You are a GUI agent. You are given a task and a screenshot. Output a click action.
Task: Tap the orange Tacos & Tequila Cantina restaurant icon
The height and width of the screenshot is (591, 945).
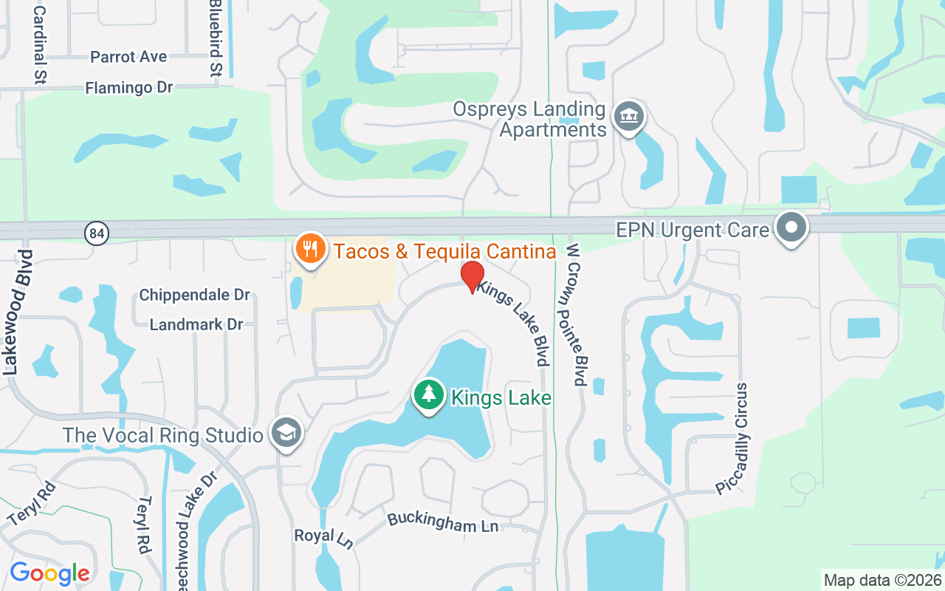(x=311, y=247)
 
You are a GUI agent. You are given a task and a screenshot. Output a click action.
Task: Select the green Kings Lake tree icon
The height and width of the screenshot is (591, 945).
(x=428, y=395)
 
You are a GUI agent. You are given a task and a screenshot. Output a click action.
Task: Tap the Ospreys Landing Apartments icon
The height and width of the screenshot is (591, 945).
(x=629, y=117)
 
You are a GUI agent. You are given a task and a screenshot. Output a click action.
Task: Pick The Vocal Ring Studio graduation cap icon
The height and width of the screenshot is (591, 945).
(x=285, y=434)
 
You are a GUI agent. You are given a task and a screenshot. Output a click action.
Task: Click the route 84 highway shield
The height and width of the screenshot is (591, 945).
(x=96, y=233)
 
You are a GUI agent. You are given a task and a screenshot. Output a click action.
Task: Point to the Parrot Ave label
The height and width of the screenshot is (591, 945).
(x=128, y=57)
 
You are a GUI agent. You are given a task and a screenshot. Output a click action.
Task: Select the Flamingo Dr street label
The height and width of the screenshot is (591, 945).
(x=128, y=88)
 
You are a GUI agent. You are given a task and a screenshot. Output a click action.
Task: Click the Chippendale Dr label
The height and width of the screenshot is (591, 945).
(x=195, y=295)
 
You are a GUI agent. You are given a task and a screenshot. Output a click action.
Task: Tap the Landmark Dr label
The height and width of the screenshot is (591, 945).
(x=196, y=324)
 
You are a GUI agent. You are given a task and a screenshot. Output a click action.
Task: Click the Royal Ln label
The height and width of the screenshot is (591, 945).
(x=324, y=537)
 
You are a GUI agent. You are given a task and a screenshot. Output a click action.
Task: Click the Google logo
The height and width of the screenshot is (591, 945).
(x=49, y=573)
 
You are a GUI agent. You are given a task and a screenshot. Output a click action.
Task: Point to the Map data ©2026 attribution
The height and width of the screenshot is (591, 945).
(x=882, y=580)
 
